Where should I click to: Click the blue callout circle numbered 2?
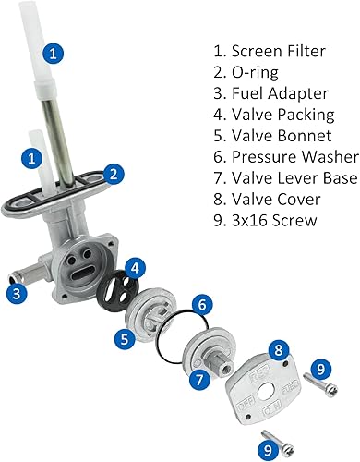112,172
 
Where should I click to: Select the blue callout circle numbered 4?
135,270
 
